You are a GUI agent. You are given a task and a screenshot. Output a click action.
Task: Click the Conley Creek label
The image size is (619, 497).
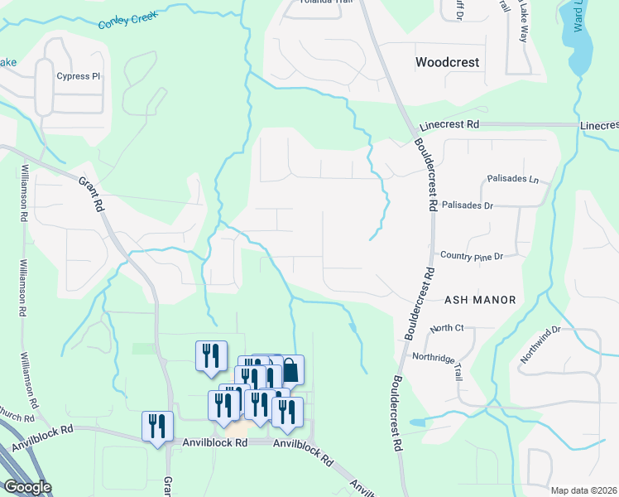click(x=128, y=20)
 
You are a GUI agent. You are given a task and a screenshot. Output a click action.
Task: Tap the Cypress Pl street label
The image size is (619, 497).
click(x=78, y=77)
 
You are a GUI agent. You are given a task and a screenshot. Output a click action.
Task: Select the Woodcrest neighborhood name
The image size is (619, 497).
click(x=448, y=62)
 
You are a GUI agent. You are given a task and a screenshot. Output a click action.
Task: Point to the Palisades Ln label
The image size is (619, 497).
click(x=512, y=179)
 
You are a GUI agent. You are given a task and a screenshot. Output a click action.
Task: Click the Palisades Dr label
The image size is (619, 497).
click(x=468, y=205)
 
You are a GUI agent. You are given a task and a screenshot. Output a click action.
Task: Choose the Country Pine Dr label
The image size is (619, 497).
click(x=472, y=257)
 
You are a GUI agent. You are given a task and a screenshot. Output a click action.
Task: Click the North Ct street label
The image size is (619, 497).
click(x=447, y=329)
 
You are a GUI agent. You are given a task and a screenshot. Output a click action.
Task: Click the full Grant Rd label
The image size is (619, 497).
click(x=91, y=193)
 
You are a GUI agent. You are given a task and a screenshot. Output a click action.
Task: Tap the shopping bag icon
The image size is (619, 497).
click(x=290, y=369)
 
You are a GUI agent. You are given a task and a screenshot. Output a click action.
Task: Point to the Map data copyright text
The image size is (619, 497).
click(x=584, y=490)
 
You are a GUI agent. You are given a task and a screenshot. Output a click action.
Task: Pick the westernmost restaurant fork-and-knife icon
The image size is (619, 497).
click(x=157, y=426)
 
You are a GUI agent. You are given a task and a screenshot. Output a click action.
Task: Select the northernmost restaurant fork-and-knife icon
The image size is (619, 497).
click(x=211, y=355)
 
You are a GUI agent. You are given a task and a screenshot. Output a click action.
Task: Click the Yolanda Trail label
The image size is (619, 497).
click(x=319, y=2)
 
